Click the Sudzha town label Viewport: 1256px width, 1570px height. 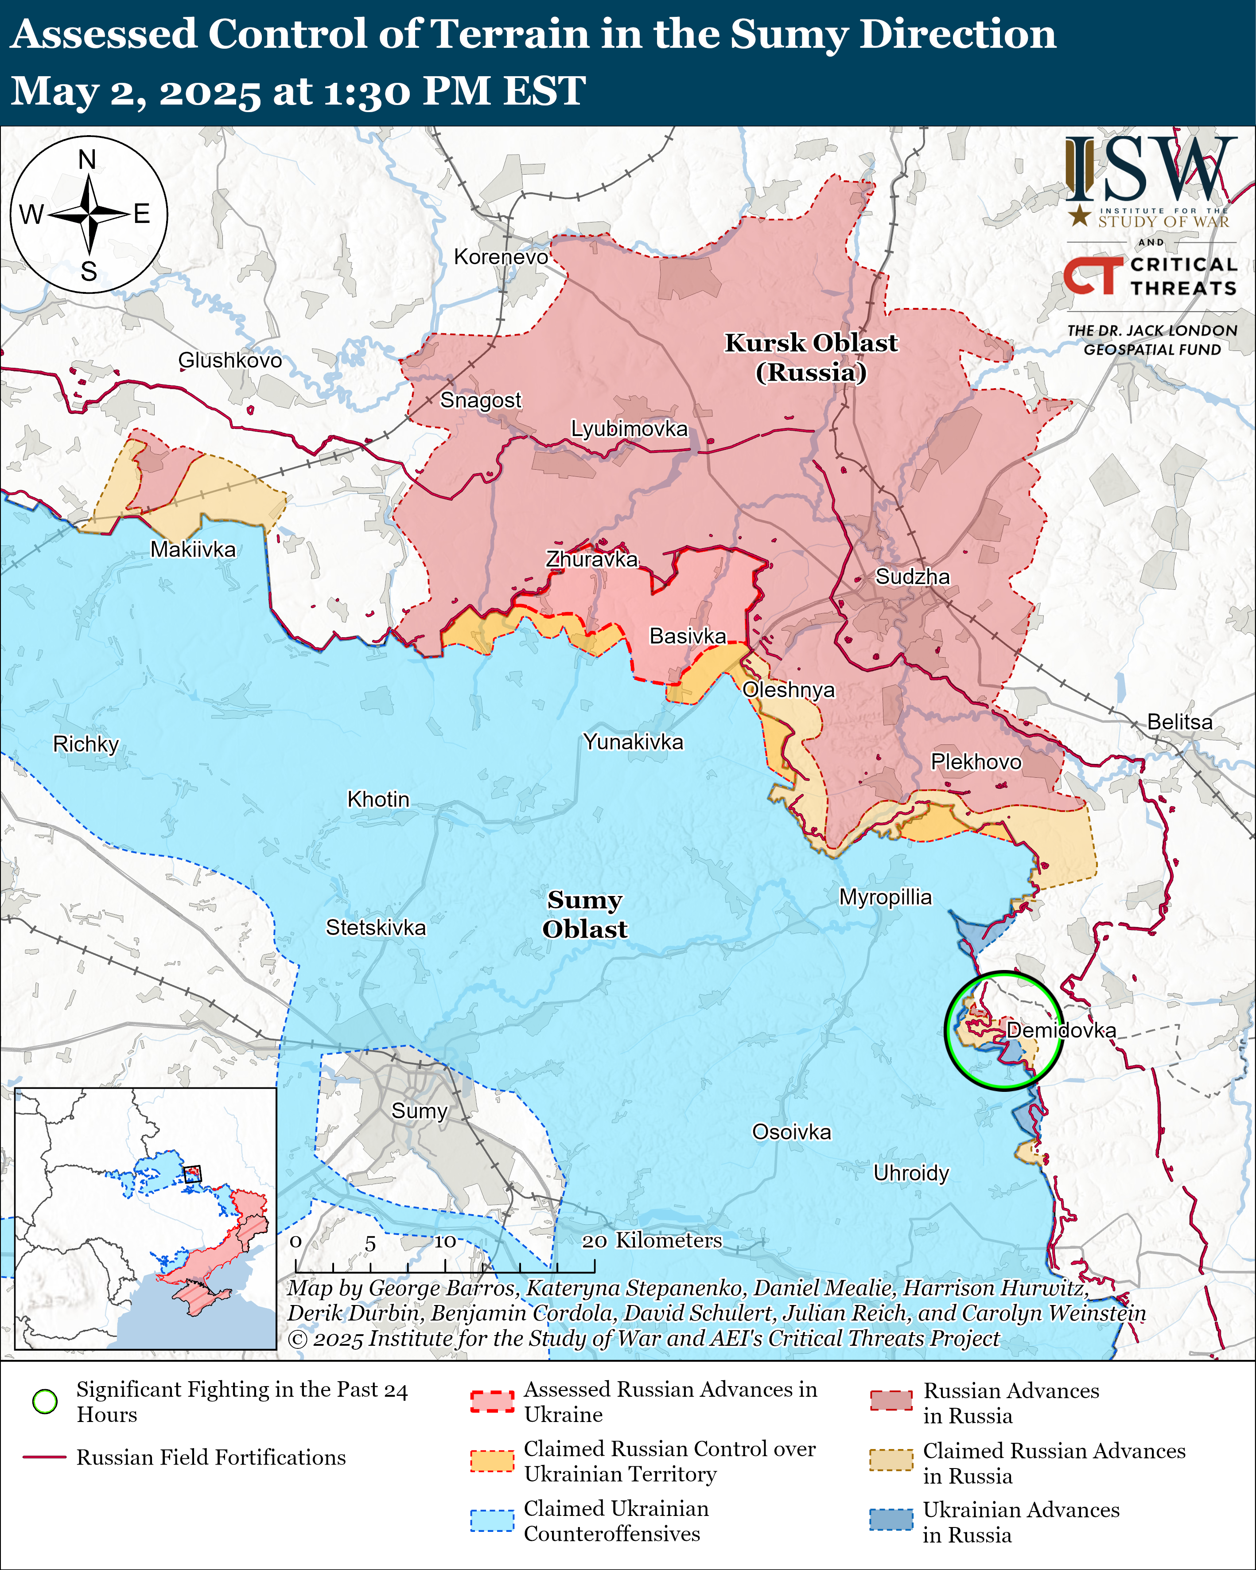click(912, 577)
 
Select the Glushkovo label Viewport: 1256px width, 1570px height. click(229, 360)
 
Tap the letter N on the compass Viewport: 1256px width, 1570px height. click(87, 160)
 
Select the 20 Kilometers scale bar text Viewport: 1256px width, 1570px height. click(652, 1240)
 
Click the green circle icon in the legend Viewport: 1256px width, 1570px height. click(45, 1401)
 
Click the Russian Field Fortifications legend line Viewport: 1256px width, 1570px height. click(45, 1457)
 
